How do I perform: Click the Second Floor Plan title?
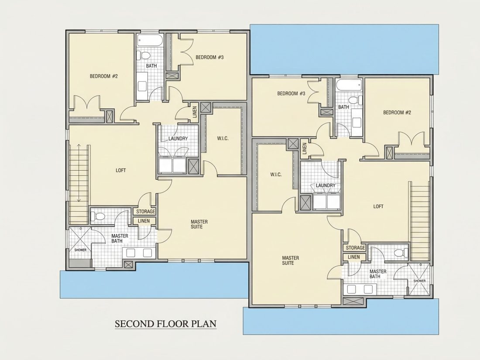[x=166, y=324]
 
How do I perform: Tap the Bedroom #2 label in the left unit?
[x=103, y=76]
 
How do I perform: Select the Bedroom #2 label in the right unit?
[x=397, y=112]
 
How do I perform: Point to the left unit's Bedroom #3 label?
[x=210, y=57]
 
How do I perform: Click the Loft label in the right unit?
[x=378, y=206]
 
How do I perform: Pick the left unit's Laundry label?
[x=178, y=138]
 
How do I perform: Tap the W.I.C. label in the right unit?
[x=276, y=175]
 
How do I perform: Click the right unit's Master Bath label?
[x=378, y=274]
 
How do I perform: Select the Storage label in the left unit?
[x=145, y=212]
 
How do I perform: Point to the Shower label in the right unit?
[x=419, y=281]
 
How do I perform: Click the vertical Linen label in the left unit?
[x=195, y=111]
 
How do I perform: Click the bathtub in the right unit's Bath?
[x=348, y=85]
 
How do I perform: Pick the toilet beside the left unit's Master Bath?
[x=98, y=216]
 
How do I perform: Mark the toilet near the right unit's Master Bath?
[x=401, y=253]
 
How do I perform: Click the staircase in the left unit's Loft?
[x=79, y=184]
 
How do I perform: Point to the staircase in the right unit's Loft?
[x=420, y=221]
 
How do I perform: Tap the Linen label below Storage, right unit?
[x=354, y=257]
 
